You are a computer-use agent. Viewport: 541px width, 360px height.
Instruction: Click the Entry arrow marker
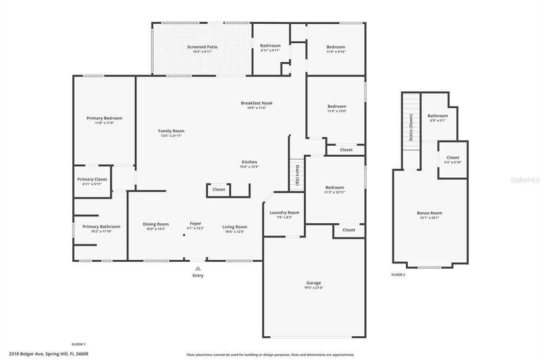click(x=198, y=268)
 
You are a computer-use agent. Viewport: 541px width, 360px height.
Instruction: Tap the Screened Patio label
click(x=202, y=47)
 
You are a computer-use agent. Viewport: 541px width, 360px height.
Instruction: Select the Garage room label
click(x=314, y=283)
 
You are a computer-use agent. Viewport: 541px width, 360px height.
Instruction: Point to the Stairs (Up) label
click(x=297, y=175)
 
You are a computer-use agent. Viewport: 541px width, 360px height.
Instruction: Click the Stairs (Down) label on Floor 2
click(x=411, y=126)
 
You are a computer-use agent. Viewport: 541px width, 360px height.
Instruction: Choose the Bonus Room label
click(x=430, y=213)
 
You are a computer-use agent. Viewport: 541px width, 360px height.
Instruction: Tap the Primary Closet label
click(x=92, y=179)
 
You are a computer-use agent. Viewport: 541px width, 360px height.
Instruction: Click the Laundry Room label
click(x=284, y=213)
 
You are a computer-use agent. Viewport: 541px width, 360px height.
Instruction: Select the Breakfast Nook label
click(x=257, y=103)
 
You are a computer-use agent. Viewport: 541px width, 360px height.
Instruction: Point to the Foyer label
click(x=195, y=223)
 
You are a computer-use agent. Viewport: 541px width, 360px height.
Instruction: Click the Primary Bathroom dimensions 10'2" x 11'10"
click(x=101, y=231)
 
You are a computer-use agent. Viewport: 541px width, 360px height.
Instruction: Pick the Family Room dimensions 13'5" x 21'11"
click(x=171, y=136)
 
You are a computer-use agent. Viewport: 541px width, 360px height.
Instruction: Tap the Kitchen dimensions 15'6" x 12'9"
click(x=249, y=167)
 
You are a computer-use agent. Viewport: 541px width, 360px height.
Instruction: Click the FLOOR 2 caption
click(x=398, y=274)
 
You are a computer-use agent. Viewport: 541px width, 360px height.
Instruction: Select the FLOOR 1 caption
click(x=78, y=344)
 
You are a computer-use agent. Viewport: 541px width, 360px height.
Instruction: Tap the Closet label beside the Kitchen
click(x=219, y=189)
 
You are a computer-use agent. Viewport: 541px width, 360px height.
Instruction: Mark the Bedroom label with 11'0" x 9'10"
click(x=336, y=47)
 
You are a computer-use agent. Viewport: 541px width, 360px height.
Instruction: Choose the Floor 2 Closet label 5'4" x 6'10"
click(x=453, y=157)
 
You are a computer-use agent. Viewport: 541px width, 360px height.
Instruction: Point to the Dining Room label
click(x=156, y=224)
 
